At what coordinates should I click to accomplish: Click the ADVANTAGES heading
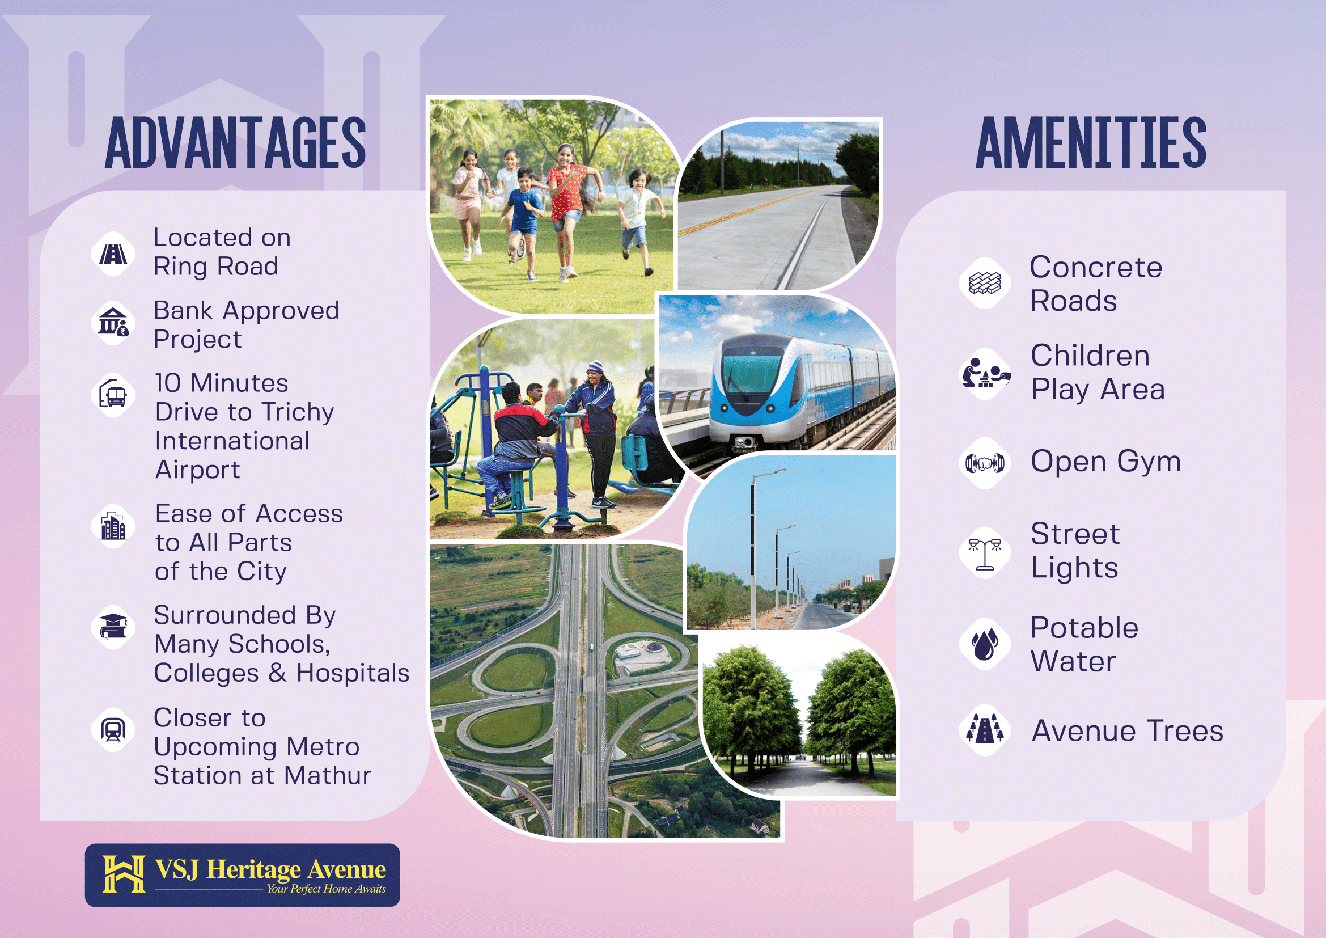point(235,142)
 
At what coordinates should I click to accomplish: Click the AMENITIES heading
point(1091,142)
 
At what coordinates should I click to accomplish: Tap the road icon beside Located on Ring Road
point(113,253)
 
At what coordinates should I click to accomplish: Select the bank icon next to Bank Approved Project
point(113,322)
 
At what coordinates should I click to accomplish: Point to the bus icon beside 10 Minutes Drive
point(113,395)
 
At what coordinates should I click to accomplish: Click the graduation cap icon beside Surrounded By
point(113,627)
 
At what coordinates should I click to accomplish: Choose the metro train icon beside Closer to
point(113,729)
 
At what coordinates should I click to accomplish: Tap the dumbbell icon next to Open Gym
point(985,463)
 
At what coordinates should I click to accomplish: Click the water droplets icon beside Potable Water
point(985,644)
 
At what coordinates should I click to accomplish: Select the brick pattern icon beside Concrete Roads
point(985,283)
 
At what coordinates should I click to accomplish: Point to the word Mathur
point(328,776)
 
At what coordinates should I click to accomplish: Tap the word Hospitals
point(353,673)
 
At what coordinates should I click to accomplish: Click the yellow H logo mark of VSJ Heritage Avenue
point(124,874)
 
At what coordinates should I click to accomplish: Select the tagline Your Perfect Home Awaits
point(326,889)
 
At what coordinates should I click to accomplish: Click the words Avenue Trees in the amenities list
point(1128,730)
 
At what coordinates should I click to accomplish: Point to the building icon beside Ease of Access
point(113,525)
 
